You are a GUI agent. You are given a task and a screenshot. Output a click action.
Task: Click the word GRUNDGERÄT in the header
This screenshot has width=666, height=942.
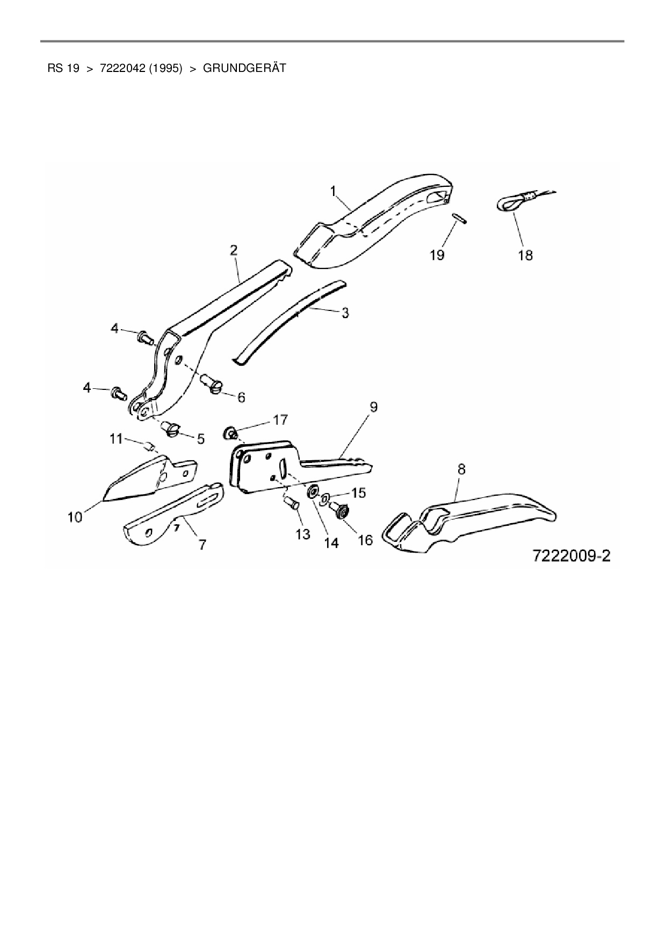(244, 68)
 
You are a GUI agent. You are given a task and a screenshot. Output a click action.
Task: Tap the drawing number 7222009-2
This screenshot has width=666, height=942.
(571, 555)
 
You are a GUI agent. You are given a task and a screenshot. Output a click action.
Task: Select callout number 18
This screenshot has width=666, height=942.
(525, 255)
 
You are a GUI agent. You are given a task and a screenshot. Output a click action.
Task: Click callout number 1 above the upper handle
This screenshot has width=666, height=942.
(334, 191)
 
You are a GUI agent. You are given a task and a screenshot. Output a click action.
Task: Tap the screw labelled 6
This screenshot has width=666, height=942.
(211, 383)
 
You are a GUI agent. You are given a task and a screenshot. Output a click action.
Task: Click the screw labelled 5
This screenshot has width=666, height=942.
(172, 429)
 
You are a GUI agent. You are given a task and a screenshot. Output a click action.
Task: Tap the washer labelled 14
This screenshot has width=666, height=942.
(312, 492)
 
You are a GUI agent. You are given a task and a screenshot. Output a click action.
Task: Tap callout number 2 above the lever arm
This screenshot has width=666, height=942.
(234, 250)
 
